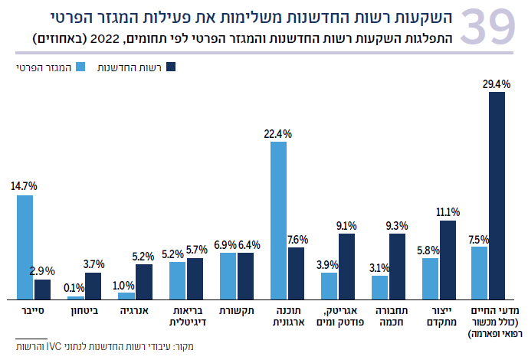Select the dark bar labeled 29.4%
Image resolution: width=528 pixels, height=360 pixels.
tap(497, 195)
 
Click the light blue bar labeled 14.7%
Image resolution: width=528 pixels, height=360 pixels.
tap(25, 247)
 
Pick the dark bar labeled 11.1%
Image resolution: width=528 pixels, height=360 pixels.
tap(448, 260)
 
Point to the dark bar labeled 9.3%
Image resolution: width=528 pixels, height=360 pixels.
tap(397, 266)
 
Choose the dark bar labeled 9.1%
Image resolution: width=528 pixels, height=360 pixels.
tap(346, 266)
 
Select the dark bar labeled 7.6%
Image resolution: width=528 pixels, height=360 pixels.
tap(296, 273)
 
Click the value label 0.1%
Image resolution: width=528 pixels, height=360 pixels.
tap(75, 287)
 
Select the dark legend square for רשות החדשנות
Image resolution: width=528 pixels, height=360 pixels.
tap(172, 68)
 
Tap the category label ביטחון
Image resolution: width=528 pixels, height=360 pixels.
tap(84, 312)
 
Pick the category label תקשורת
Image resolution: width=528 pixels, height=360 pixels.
tap(236, 312)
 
